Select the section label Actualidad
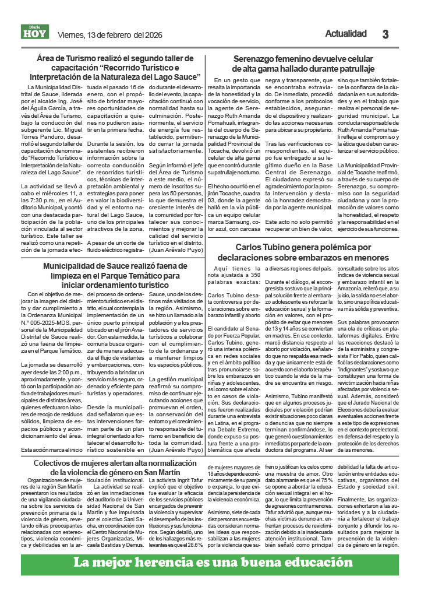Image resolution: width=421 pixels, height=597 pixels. tap(346, 34)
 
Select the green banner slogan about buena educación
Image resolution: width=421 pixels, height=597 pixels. tap(210, 564)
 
